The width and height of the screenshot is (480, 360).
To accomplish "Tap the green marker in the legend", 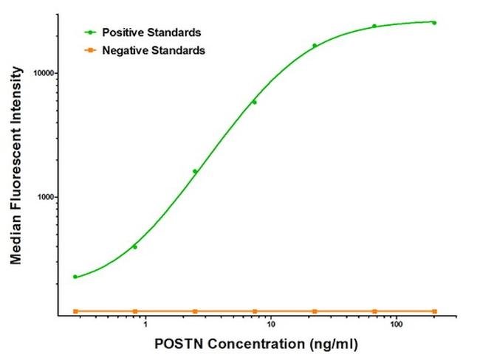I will [89, 32].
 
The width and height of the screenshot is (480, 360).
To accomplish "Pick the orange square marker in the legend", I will [89, 50].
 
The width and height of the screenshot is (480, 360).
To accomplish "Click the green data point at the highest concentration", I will [434, 23].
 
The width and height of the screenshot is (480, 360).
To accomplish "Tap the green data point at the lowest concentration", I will [75, 277].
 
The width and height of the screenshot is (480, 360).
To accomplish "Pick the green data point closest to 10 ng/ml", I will [254, 102].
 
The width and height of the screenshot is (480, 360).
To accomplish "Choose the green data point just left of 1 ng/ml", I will [134, 246].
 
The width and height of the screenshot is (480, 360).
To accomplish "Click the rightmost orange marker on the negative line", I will [434, 311].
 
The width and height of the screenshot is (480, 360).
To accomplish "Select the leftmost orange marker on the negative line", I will [75, 311].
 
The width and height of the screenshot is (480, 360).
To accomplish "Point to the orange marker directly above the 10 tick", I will [255, 311].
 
